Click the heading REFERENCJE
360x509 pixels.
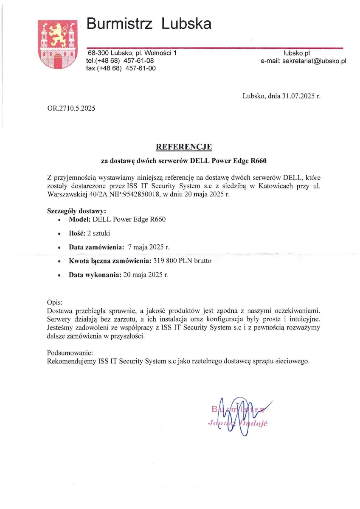coord(184,147)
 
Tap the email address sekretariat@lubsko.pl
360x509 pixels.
coord(314,61)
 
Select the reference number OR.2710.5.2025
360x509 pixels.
coord(71,108)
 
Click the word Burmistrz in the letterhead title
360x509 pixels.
coord(119,24)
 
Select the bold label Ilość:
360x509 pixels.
coord(77,233)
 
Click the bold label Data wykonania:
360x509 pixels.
coord(95,274)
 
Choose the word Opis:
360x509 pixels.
coord(55,303)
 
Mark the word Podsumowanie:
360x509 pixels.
coord(70,353)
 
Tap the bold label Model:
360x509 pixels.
coord(79,220)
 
